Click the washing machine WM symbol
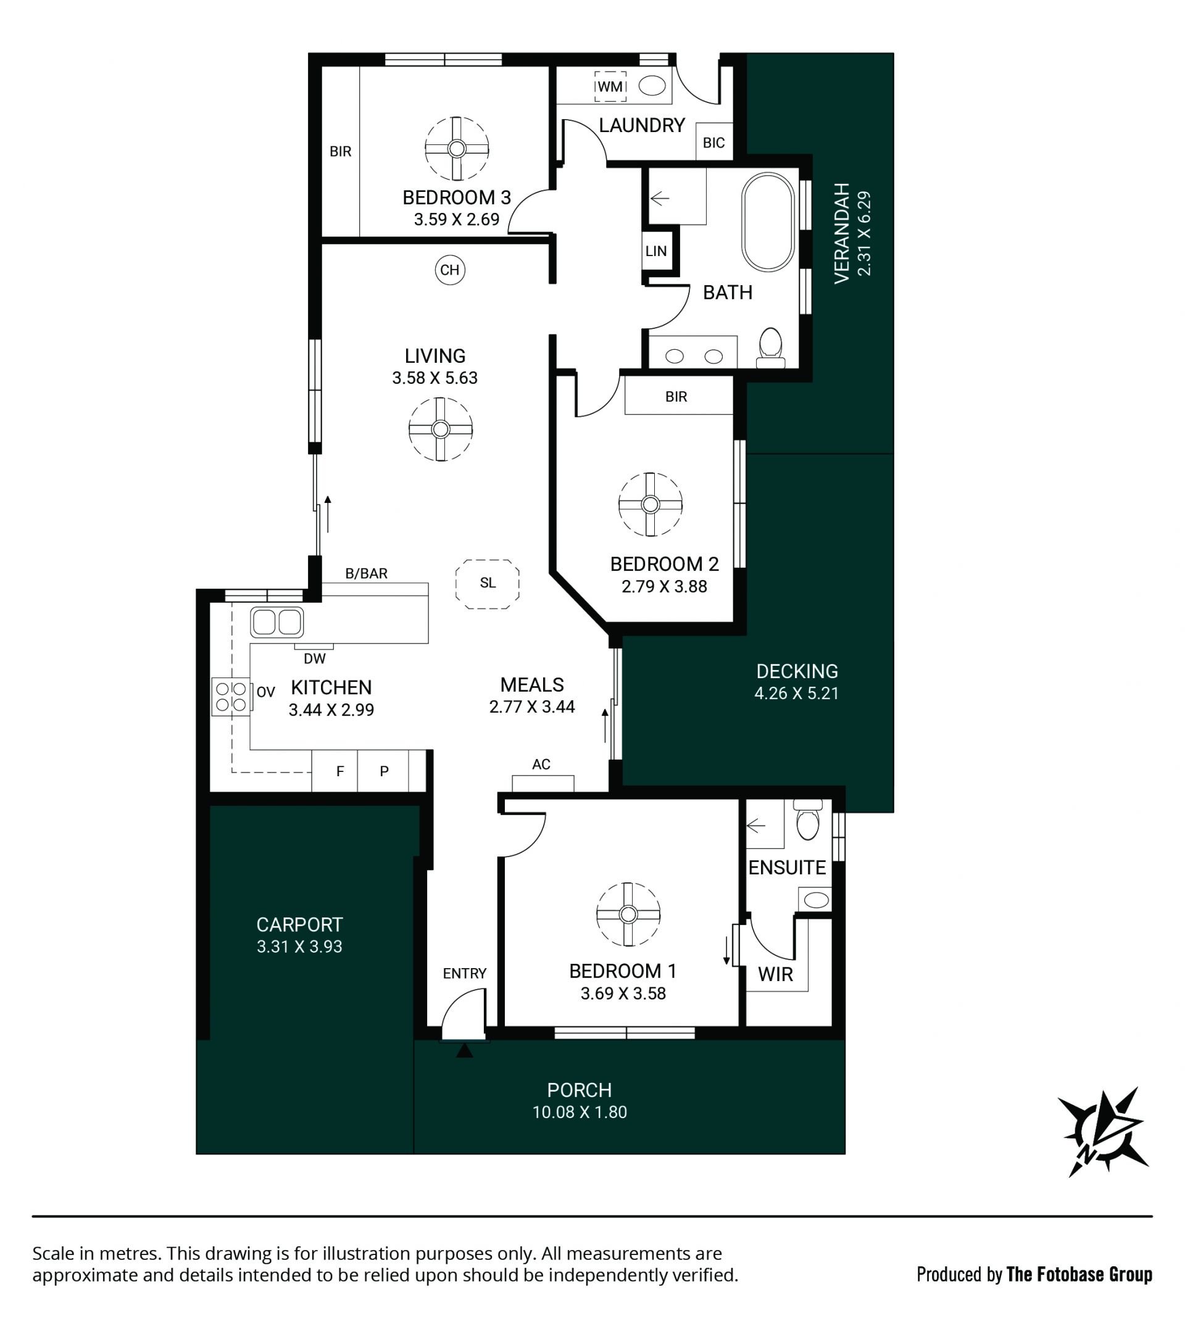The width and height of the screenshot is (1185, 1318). (610, 86)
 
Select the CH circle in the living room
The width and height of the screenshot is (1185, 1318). (450, 270)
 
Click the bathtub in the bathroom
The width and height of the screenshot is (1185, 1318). (768, 222)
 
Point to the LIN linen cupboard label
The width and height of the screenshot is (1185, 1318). (655, 251)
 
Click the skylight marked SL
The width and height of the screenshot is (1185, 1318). (488, 584)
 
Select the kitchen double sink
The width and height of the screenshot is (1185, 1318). (276, 622)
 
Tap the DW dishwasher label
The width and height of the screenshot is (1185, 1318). (315, 658)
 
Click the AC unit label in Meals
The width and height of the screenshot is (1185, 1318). (541, 764)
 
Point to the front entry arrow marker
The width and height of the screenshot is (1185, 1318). (464, 1050)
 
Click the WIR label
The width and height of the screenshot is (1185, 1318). (775, 974)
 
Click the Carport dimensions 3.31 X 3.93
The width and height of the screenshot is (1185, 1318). (299, 947)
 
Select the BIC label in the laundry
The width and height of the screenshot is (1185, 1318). (713, 143)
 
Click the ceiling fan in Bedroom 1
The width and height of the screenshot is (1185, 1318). (628, 914)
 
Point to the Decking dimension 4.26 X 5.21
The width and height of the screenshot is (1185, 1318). (796, 693)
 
